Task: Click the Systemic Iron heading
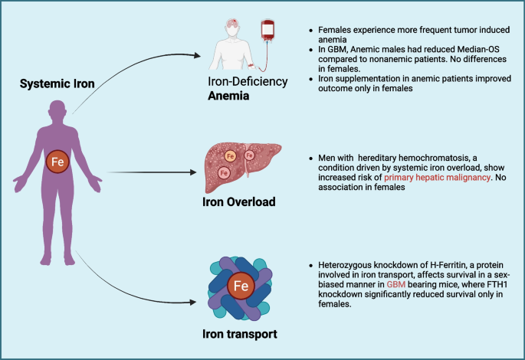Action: point(57,83)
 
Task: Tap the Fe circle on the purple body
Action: point(57,162)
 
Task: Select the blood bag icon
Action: point(267,31)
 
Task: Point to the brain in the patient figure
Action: point(232,24)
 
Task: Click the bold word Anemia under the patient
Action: point(228,96)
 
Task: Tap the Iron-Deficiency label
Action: point(248,82)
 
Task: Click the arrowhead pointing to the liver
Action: point(193,172)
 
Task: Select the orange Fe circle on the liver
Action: point(230,156)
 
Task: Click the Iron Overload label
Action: point(238,202)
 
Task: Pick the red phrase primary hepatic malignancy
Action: point(437,178)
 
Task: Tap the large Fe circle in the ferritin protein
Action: point(241,286)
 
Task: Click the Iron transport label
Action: point(240,334)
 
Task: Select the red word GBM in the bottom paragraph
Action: point(396,284)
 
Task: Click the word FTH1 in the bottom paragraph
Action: point(497,284)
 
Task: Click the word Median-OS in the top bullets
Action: point(478,50)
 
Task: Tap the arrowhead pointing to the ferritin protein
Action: point(193,303)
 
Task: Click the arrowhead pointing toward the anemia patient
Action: point(197,56)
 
